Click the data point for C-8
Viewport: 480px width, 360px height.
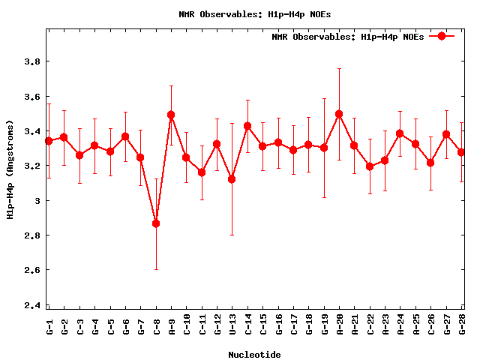click(156, 223)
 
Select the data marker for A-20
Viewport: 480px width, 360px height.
click(339, 114)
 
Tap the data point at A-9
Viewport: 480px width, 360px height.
click(171, 115)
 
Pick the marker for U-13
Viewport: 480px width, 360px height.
click(232, 179)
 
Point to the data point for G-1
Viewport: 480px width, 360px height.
click(49, 141)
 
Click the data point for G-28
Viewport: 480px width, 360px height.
click(461, 152)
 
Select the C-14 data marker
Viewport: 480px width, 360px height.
click(247, 126)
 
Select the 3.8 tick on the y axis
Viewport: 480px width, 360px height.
click(31, 61)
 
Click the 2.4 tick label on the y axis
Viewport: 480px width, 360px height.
click(31, 305)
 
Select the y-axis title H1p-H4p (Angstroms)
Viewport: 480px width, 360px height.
click(10, 169)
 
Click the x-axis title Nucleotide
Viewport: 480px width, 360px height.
click(255, 354)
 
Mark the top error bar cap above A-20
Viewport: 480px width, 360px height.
click(339, 68)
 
